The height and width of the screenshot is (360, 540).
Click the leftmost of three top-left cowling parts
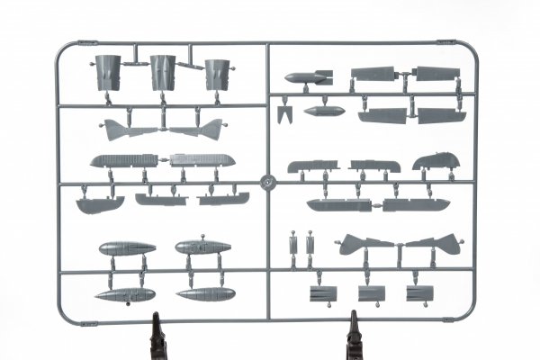[107, 72]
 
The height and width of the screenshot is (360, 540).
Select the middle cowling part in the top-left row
[163, 72]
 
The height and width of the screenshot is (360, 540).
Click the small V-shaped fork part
[286, 116]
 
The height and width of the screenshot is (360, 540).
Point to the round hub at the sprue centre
[267, 181]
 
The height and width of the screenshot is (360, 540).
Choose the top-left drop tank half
[123, 247]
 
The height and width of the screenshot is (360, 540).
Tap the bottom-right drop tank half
[206, 293]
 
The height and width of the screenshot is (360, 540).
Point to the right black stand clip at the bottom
[353, 333]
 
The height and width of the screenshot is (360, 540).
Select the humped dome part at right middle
[435, 162]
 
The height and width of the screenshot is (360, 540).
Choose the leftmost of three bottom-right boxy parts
[321, 293]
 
